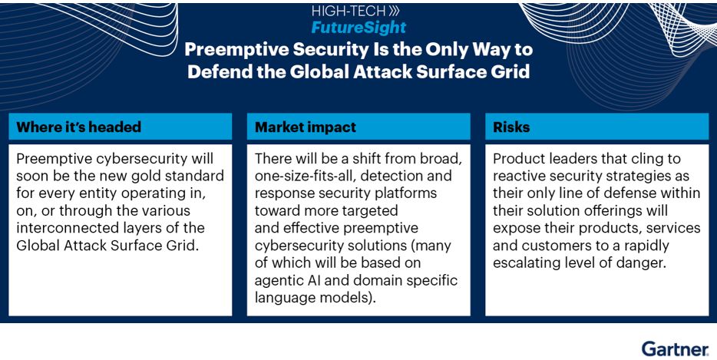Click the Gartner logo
676,348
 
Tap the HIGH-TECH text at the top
349,11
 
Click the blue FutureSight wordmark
358,28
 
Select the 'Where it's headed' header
78,127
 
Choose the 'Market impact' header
306,127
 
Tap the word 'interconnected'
61,228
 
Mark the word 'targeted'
370,211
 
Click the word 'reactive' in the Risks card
518,176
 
